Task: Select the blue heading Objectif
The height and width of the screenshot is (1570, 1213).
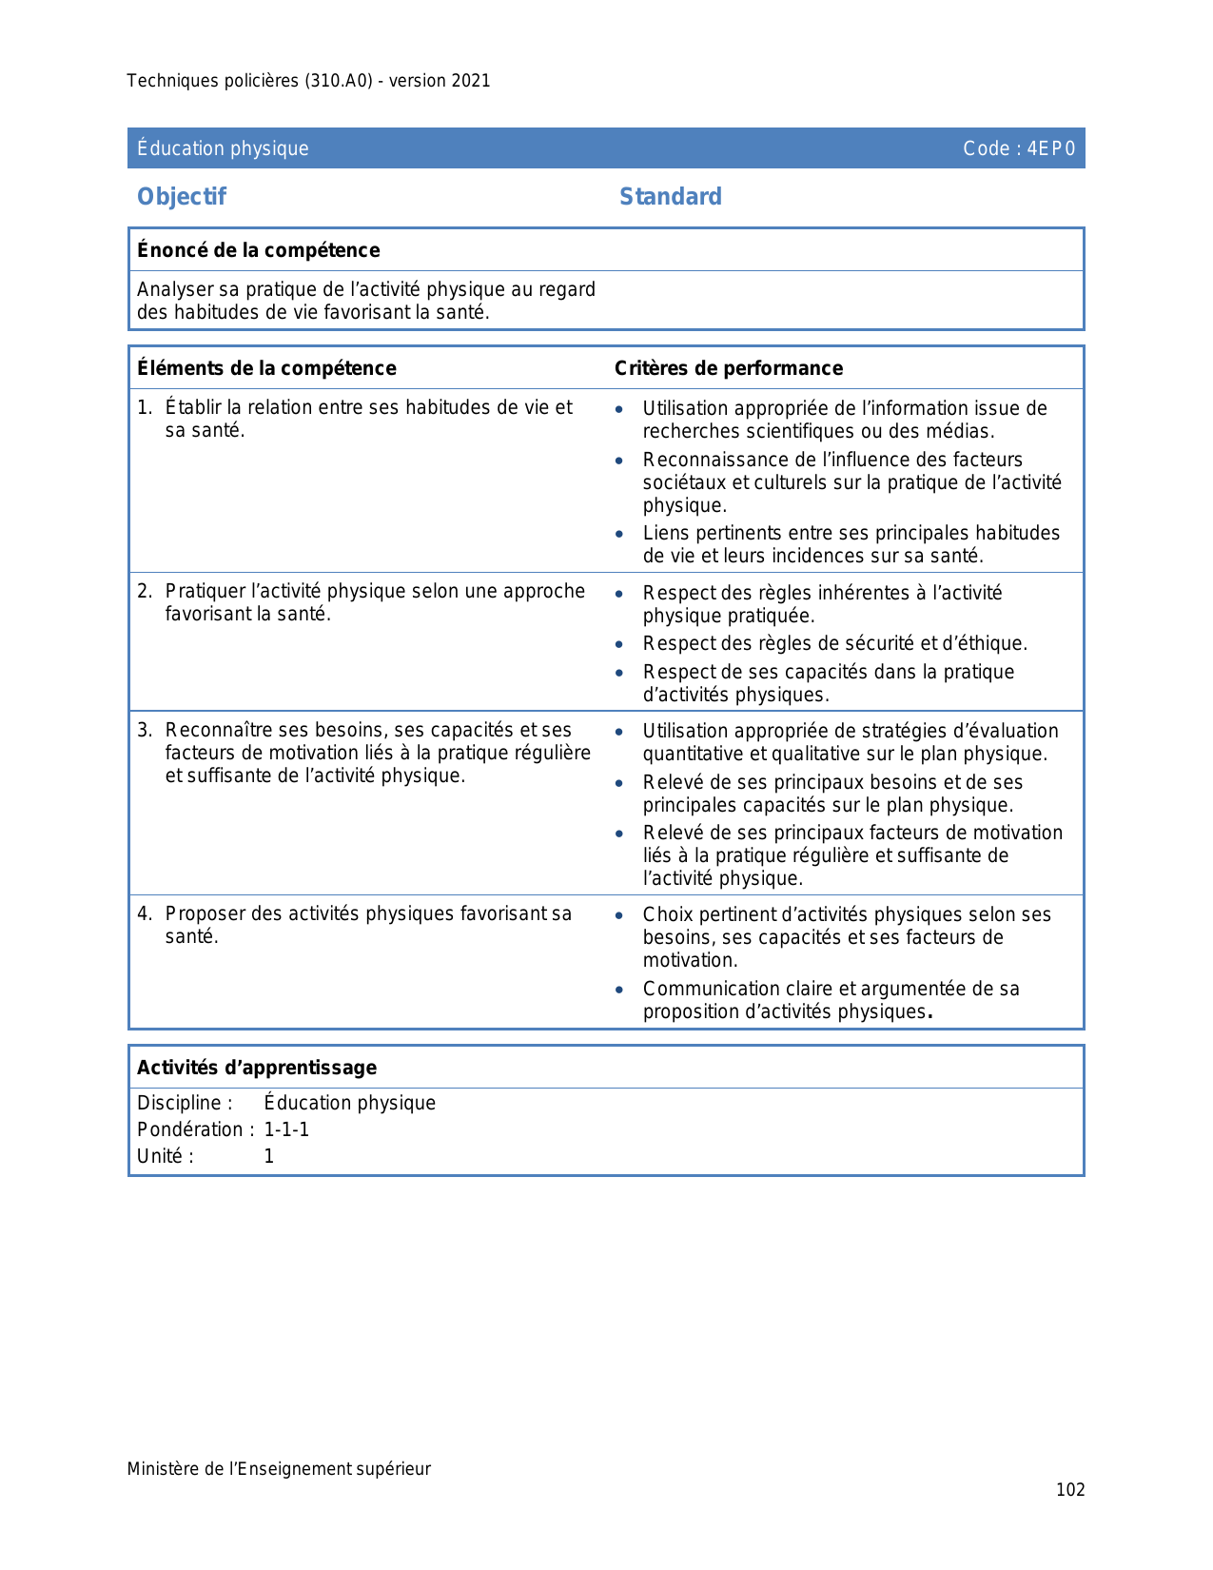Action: tap(182, 197)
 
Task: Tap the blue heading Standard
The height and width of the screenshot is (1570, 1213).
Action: tap(671, 197)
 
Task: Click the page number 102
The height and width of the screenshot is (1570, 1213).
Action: tap(1070, 1490)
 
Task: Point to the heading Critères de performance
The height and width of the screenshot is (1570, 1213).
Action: tap(729, 368)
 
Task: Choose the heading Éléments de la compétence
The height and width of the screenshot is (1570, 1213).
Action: tap(266, 368)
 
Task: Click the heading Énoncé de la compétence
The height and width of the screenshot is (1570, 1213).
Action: tap(258, 250)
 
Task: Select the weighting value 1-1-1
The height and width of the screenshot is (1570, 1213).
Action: tap(286, 1129)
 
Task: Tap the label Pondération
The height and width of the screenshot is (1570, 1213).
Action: tap(190, 1129)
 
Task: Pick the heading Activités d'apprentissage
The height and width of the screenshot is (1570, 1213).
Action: tap(257, 1068)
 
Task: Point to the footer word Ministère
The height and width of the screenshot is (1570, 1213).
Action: tap(163, 1469)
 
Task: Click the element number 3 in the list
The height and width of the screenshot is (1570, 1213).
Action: tap(144, 731)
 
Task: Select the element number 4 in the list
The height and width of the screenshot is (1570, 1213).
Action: tap(144, 914)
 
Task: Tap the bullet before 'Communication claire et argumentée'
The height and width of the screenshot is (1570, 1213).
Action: tap(619, 990)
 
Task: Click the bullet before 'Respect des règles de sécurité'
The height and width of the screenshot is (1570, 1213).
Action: tap(619, 644)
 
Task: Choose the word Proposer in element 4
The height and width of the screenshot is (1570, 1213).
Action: tap(203, 914)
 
